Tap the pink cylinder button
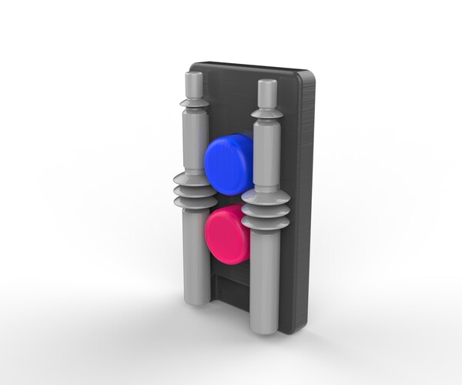(x=228, y=234)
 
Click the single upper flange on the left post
(x=194, y=102)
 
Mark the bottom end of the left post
(x=195, y=299)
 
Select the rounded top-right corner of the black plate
(x=309, y=76)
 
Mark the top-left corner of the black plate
(x=196, y=65)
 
